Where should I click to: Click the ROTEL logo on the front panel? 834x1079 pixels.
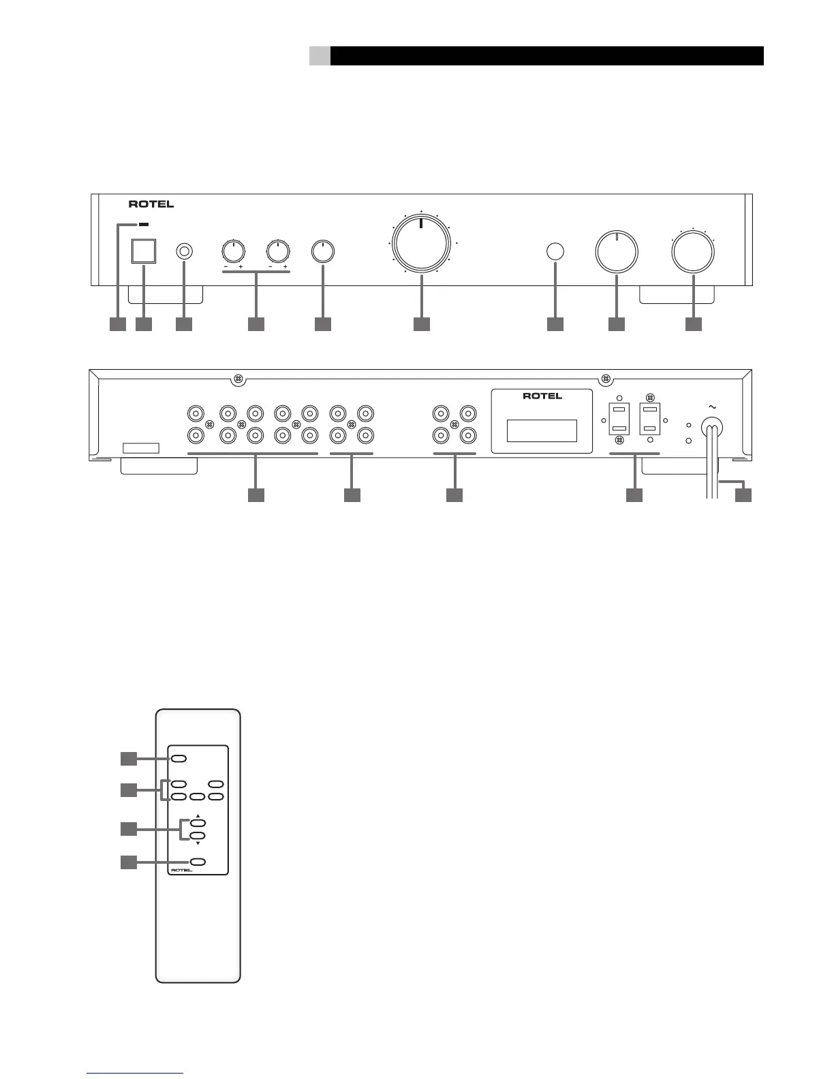[x=151, y=204]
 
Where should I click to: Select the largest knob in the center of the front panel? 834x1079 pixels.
[x=421, y=245]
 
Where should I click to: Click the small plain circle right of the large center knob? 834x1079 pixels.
[x=555, y=251]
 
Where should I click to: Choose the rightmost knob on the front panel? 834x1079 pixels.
[x=693, y=251]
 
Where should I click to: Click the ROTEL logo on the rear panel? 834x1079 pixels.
[x=542, y=396]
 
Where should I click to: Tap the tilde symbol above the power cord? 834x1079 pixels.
[x=713, y=407]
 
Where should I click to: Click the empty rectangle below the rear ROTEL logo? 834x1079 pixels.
[x=542, y=431]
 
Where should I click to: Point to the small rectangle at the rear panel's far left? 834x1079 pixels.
[x=141, y=448]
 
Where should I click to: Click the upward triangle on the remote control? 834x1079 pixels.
[x=198, y=815]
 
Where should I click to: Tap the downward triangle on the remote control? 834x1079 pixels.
[x=198, y=843]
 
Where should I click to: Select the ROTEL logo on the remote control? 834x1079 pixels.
[x=182, y=870]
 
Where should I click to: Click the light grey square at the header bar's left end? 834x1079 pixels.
[x=320, y=56]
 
